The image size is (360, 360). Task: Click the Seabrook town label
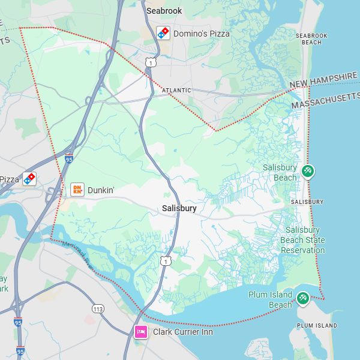point(164,11)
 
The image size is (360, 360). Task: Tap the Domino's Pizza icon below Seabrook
point(163,34)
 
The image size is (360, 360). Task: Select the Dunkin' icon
point(77,190)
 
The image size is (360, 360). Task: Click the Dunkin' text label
point(101,190)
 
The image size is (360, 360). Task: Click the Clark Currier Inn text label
point(182,331)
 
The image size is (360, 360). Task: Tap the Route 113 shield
point(98,308)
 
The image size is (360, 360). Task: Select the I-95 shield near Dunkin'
point(69,159)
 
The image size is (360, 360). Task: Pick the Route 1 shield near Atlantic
point(151,62)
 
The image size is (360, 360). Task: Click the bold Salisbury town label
point(179,208)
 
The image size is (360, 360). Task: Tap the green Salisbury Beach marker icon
point(308,172)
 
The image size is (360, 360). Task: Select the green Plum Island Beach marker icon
point(304,298)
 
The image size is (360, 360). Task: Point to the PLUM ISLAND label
point(317,326)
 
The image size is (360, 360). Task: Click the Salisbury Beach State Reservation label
point(303,240)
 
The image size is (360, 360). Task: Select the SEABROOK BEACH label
point(311,39)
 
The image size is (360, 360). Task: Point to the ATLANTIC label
point(176,91)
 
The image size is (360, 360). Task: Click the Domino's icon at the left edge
point(29,179)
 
